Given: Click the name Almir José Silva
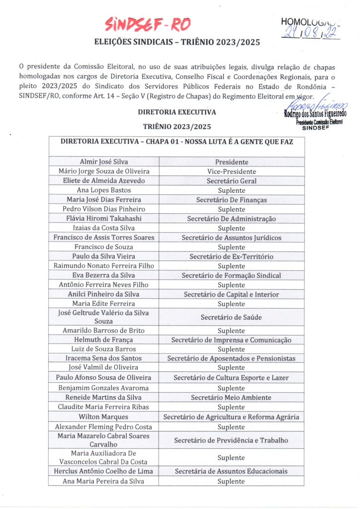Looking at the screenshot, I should [104, 162].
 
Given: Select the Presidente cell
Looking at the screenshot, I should [231, 162].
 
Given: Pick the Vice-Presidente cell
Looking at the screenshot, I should [231, 171].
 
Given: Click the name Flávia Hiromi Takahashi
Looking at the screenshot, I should [104, 219].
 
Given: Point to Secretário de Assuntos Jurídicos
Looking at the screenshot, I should [231, 238].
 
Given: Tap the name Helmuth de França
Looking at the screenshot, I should [104, 340].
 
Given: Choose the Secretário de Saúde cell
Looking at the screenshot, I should [231, 317].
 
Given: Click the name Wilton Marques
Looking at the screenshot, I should [104, 417].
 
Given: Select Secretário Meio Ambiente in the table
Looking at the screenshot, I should [231, 398].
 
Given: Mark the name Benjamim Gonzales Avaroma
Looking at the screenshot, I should [104, 388].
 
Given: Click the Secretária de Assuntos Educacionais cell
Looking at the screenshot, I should [231, 471].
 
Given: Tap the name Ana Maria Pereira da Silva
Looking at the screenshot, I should [104, 481].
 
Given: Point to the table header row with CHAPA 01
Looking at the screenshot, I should [177, 142].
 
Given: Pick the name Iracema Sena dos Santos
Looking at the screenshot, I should [104, 358].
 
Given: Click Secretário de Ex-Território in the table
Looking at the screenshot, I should [231, 256].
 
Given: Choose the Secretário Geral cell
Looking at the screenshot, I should [231, 181].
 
